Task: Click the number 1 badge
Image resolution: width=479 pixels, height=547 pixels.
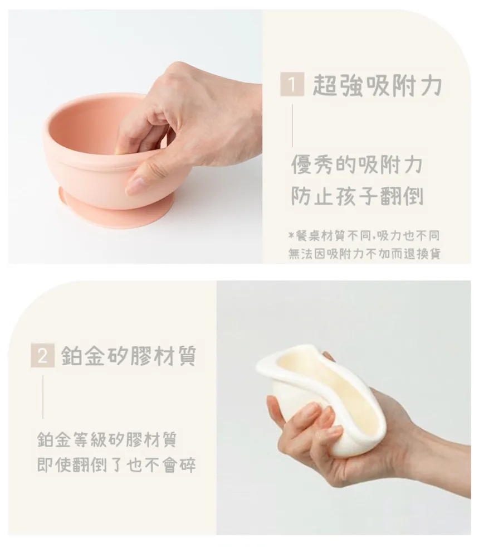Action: [x=292, y=84]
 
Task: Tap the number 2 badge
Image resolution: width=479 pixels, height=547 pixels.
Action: [x=42, y=356]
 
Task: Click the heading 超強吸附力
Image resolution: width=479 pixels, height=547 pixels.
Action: [x=377, y=85]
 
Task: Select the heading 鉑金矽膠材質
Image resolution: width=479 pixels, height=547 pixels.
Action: [x=129, y=356]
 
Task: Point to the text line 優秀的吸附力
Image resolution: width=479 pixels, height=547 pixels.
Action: [x=356, y=164]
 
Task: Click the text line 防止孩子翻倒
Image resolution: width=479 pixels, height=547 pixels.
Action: [x=357, y=196]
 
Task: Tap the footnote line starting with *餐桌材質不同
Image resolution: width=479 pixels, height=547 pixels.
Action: [x=364, y=236]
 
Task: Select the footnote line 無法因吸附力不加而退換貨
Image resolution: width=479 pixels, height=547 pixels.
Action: [x=364, y=254]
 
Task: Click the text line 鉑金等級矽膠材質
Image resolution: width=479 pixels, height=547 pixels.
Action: [x=107, y=439]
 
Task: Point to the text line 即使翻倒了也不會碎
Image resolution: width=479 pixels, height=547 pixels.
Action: [x=116, y=464]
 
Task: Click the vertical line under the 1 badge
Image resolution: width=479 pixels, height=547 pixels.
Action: [x=292, y=125]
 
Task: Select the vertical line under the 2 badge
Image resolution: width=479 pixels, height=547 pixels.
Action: [x=43, y=397]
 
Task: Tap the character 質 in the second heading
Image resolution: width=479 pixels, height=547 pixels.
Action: [x=186, y=356]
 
